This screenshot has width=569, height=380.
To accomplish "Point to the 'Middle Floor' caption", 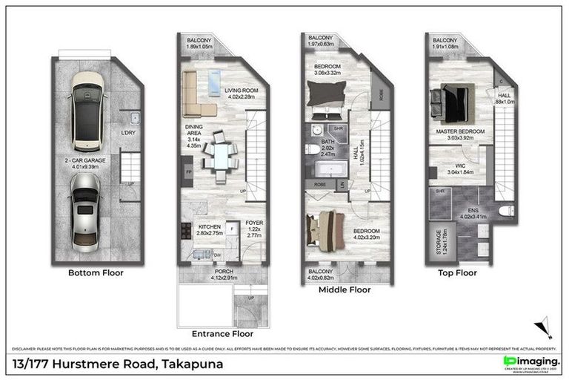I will pyautogui.click(x=345, y=290).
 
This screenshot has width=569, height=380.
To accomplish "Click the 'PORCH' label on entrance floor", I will pyautogui.click(x=224, y=272).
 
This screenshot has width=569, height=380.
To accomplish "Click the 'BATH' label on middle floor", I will pyautogui.click(x=327, y=141).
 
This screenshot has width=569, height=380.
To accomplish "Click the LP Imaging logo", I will pyautogui.click(x=524, y=361).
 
